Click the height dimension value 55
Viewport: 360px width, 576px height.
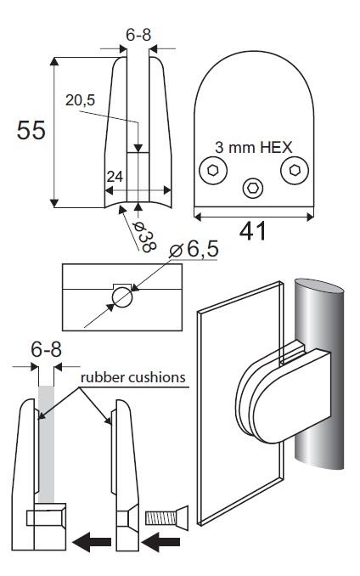[31, 131]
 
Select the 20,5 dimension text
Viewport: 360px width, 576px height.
[82, 99]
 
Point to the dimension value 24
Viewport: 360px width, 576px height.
[115, 177]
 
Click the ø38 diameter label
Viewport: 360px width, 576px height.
[144, 229]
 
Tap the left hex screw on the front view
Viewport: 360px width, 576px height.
[211, 170]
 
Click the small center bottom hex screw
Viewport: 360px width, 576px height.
[252, 187]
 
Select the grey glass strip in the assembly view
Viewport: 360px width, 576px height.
[46, 442]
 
